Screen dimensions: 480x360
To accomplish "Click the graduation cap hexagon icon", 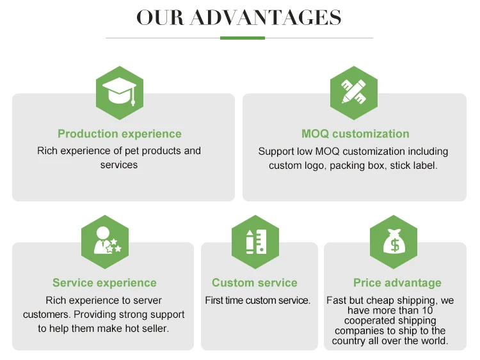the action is click(119, 93).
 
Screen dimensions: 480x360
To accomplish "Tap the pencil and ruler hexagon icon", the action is click(354, 93).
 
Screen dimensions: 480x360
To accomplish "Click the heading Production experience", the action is click(120, 134).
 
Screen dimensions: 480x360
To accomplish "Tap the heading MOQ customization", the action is click(355, 134).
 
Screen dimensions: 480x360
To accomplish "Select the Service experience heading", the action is click(104, 283).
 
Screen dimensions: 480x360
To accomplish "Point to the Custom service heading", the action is click(255, 283).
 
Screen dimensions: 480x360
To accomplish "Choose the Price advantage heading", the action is click(397, 283).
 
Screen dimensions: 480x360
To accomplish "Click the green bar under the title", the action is click(242, 38).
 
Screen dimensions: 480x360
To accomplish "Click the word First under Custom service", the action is click(215, 300).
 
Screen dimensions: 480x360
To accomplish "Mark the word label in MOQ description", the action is click(423, 166).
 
